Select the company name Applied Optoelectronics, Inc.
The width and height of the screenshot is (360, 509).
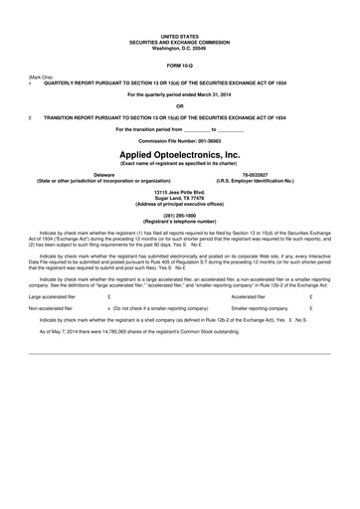(179, 156)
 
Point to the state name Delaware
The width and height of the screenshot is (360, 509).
(102, 174)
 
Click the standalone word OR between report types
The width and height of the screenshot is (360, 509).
(179, 105)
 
